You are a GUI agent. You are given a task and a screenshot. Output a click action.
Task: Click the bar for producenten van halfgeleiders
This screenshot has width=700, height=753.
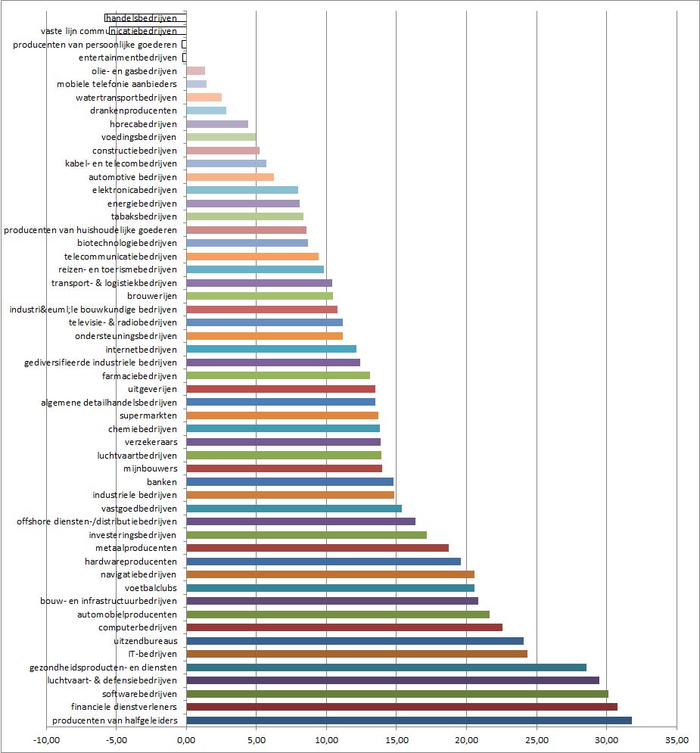(x=409, y=720)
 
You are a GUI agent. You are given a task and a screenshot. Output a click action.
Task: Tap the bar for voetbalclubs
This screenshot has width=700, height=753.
(x=330, y=588)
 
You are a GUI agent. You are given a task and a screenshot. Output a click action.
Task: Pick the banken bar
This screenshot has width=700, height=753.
(x=290, y=481)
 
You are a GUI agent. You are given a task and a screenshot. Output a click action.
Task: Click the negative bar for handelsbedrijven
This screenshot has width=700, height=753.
(x=145, y=17)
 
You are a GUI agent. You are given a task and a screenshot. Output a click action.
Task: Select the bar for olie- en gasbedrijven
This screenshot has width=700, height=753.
(x=195, y=70)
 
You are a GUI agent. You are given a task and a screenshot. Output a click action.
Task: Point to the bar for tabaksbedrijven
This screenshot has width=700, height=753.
(x=244, y=216)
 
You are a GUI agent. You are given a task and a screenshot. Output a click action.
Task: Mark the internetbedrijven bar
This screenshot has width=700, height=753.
(x=271, y=349)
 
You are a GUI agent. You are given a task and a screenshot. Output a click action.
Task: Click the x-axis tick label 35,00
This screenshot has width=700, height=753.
(x=677, y=739)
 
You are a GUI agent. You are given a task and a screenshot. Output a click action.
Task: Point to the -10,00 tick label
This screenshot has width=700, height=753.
(x=46, y=739)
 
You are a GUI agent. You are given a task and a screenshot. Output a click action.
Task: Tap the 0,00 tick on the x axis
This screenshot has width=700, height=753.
(x=186, y=739)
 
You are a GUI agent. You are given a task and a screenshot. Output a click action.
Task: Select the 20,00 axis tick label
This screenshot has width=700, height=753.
(x=466, y=739)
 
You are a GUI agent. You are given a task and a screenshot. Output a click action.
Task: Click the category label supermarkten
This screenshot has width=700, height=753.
(x=148, y=415)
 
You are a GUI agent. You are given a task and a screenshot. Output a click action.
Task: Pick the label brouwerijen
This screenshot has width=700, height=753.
(x=152, y=296)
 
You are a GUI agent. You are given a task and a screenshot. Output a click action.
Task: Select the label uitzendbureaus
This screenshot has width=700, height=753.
(x=145, y=641)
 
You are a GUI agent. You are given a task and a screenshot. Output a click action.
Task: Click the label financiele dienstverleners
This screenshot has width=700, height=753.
(x=129, y=707)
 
